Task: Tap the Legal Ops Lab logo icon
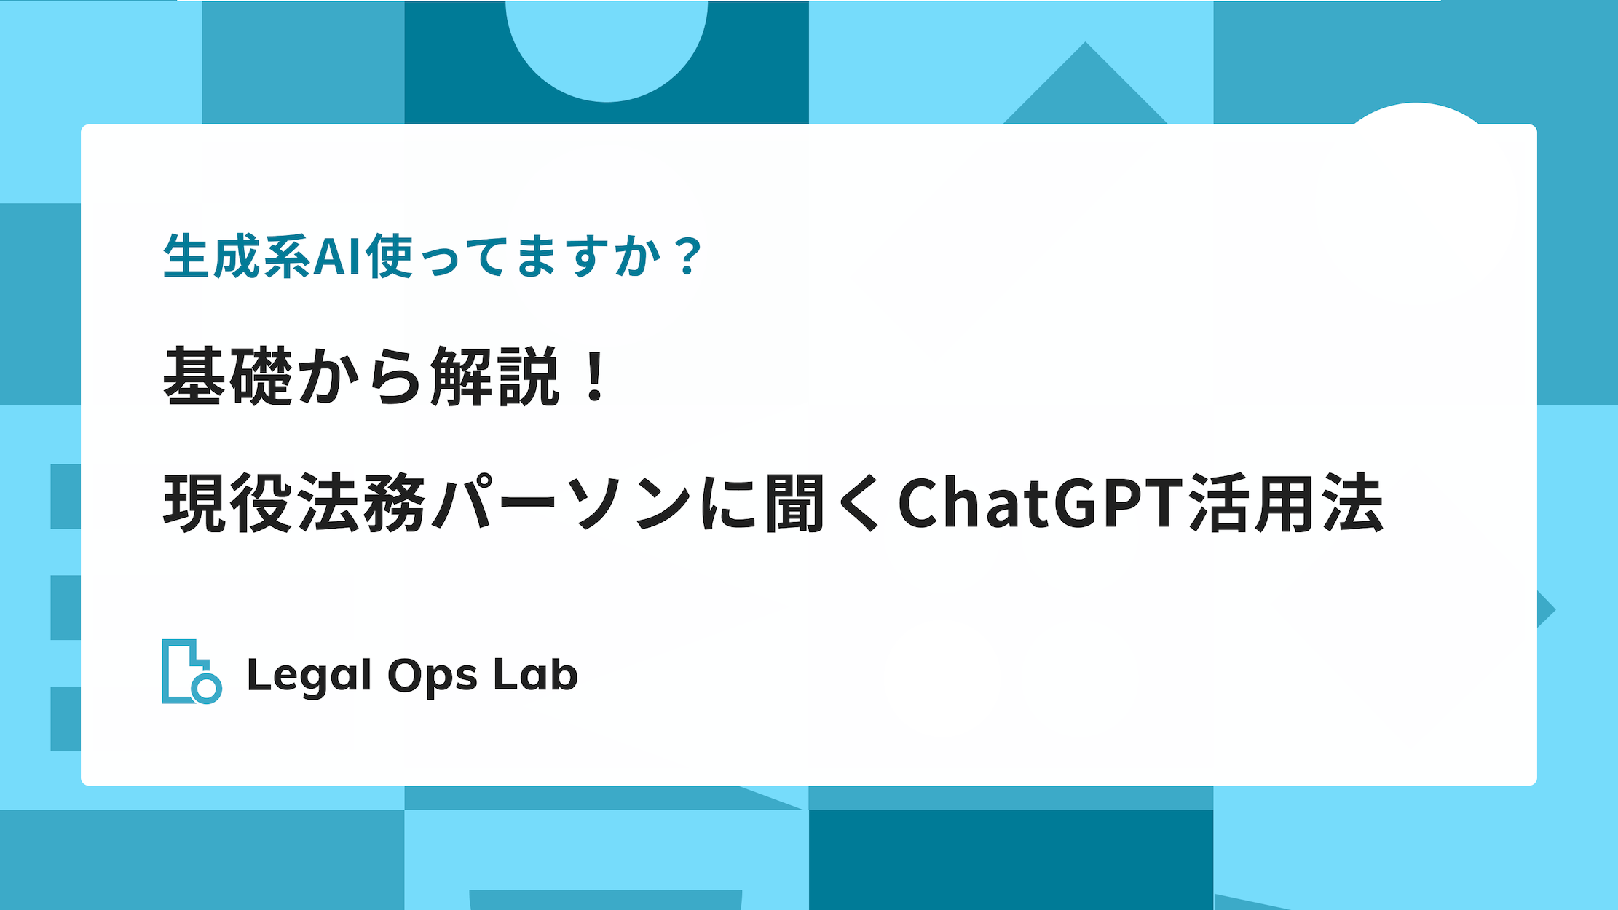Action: coord(192,672)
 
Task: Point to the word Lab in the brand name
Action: coord(535,673)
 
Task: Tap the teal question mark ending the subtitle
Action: coord(687,256)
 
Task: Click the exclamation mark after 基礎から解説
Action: coord(595,376)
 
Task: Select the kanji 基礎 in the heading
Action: coord(227,376)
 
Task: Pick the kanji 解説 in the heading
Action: coord(494,376)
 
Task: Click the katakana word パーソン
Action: coord(561,503)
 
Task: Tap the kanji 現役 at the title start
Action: coord(227,503)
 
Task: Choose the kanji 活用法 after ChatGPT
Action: coord(1286,503)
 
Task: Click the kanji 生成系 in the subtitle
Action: coord(237,256)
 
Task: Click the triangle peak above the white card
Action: coord(1085,42)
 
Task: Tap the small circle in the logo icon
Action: coord(207,689)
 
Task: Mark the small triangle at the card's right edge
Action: coord(1545,609)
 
